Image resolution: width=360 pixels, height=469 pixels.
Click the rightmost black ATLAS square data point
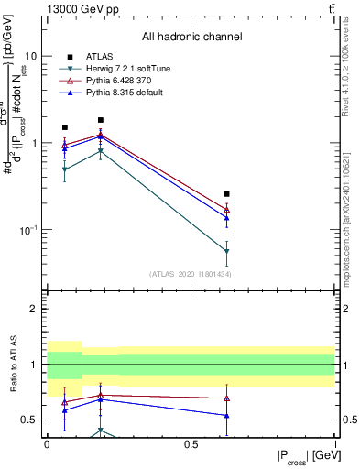tap(226, 194)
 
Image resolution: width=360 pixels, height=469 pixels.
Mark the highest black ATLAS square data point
tap(101, 120)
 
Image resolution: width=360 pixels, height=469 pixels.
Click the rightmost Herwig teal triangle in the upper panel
tap(226, 251)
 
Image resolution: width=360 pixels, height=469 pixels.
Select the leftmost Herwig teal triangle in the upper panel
tap(64, 169)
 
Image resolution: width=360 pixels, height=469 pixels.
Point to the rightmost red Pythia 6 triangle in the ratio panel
tap(226, 398)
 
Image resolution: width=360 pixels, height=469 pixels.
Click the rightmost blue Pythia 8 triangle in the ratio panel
tap(226, 416)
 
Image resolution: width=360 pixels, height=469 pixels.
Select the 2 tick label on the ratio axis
tap(35, 310)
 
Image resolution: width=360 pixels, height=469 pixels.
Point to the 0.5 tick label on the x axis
tap(191, 444)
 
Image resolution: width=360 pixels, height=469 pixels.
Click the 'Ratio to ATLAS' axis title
tap(13, 365)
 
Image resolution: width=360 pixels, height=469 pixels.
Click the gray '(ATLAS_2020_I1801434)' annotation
tap(190, 274)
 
